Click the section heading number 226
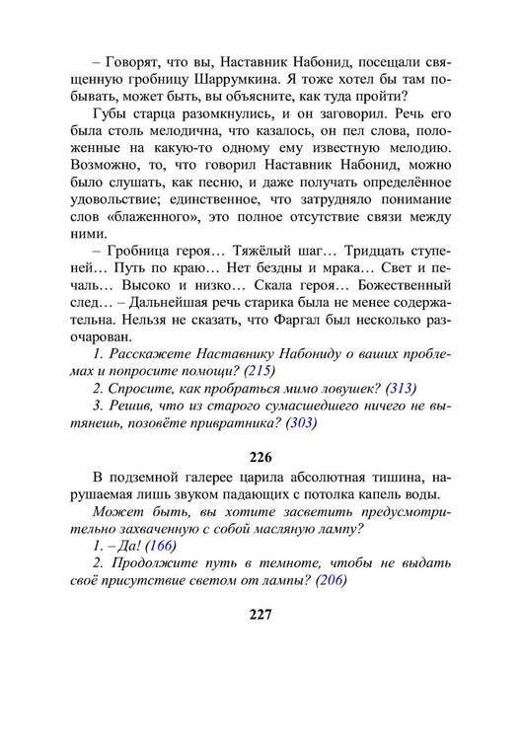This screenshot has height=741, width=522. pyautogui.click(x=260, y=457)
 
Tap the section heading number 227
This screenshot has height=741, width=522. pyautogui.click(x=260, y=612)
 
